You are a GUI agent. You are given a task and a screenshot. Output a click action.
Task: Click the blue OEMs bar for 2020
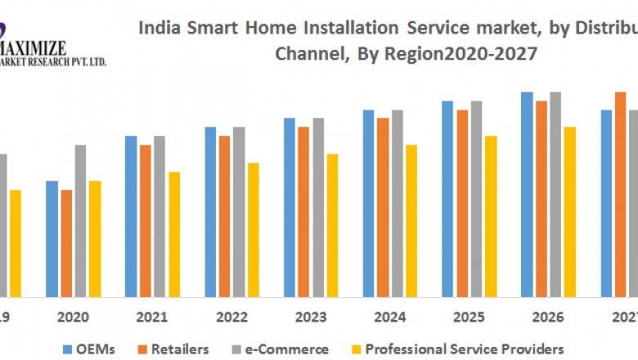pyautogui.click(x=52, y=238)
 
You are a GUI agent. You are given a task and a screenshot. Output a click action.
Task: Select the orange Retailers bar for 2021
pyautogui.click(x=146, y=220)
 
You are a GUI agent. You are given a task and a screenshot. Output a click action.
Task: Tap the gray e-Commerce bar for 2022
pyautogui.click(x=239, y=211)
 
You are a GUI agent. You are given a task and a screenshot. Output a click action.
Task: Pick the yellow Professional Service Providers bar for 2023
pyautogui.click(x=332, y=225)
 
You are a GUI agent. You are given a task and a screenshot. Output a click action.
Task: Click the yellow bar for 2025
pyautogui.click(x=491, y=216)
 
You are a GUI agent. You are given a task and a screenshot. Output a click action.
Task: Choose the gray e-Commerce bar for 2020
pyautogui.click(x=80, y=220)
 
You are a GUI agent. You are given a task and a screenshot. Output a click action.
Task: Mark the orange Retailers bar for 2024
pyautogui.click(x=383, y=207)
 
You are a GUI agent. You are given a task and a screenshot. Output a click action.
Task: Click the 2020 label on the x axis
pyautogui.click(x=74, y=317)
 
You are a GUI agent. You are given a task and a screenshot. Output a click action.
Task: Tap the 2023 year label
pyautogui.click(x=310, y=317)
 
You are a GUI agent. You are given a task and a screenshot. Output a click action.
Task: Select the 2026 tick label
pyautogui.click(x=546, y=317)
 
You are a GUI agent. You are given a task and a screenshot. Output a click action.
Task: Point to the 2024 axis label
pyautogui.click(x=389, y=317)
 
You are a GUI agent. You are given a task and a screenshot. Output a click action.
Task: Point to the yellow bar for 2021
pyautogui.click(x=175, y=234)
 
